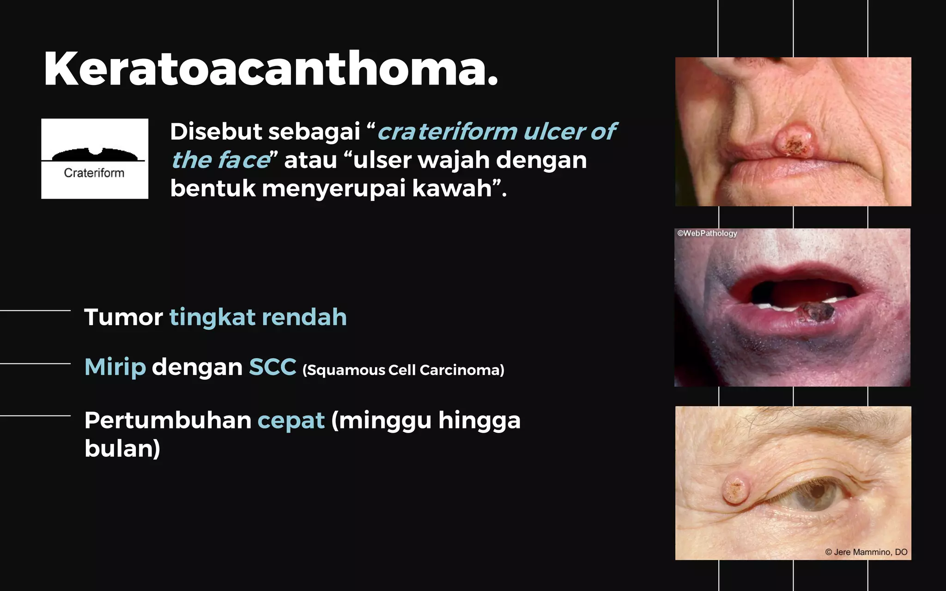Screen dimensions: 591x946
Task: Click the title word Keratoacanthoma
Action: (271, 69)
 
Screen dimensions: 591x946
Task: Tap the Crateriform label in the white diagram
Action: (94, 173)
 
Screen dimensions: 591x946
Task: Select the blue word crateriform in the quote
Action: (447, 132)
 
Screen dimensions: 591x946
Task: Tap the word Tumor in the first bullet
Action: (123, 317)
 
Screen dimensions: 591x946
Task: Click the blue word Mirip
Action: (115, 367)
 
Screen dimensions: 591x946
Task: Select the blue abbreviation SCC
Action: (273, 367)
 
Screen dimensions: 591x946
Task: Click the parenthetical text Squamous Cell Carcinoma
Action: (403, 370)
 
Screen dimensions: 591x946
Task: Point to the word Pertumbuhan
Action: (168, 420)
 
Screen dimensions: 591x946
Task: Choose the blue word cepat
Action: (291, 420)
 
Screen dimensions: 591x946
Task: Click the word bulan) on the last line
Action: (122, 448)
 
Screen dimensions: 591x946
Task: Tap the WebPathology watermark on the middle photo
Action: (707, 234)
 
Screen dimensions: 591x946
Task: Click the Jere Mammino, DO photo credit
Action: (866, 552)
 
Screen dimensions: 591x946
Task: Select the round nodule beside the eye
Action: (736, 490)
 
